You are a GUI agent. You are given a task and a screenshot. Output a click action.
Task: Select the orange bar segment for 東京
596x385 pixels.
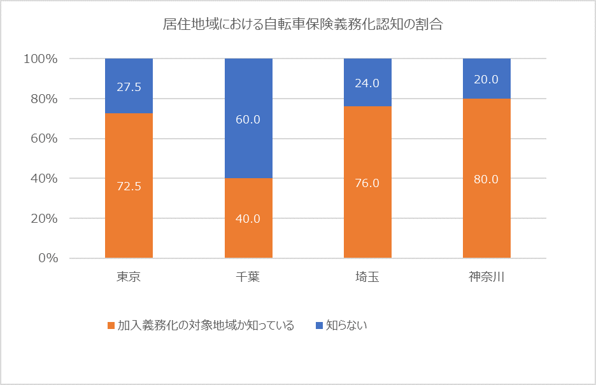point(129,204)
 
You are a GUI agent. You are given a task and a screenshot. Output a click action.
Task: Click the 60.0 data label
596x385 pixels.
point(248,120)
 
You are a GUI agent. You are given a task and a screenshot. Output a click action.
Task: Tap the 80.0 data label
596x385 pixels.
point(486,179)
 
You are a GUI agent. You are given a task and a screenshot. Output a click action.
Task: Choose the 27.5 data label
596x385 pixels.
point(129,87)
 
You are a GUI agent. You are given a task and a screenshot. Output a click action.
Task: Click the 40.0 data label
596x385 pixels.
point(248,219)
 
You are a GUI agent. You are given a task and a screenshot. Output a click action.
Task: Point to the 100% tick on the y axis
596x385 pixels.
point(41,59)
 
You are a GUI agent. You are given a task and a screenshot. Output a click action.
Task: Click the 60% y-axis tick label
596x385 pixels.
point(44,139)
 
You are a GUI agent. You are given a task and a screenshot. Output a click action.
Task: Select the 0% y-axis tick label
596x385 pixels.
point(47,258)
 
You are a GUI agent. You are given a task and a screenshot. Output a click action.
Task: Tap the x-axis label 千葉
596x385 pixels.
point(248,277)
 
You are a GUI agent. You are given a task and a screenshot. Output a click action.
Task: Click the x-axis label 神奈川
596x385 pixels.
point(486,277)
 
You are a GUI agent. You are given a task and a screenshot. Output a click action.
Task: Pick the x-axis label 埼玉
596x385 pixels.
point(367,277)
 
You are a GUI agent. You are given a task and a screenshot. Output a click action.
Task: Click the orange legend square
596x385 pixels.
point(111,326)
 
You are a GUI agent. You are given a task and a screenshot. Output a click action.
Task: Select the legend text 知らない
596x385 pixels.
point(347,325)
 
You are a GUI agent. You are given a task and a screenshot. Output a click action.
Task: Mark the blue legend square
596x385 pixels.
point(319,326)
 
